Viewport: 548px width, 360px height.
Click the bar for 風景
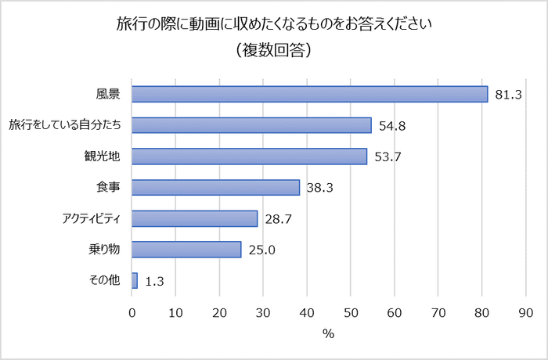(310, 94)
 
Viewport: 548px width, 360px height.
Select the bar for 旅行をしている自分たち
(252, 125)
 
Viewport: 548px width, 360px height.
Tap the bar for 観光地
(250, 157)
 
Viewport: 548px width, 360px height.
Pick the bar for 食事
(216, 187)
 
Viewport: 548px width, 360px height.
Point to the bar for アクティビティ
(195, 218)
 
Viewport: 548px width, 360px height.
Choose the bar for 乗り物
(187, 250)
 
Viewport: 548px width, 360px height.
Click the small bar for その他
(135, 280)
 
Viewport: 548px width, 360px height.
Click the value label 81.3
(509, 95)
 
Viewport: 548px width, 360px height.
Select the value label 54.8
(392, 126)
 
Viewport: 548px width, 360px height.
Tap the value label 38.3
(320, 188)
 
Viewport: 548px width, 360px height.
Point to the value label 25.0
(262, 250)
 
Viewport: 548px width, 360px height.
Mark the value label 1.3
(154, 281)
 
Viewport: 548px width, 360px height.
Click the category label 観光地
(103, 157)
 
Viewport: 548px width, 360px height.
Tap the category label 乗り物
(104, 250)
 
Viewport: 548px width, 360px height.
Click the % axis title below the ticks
(328, 333)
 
